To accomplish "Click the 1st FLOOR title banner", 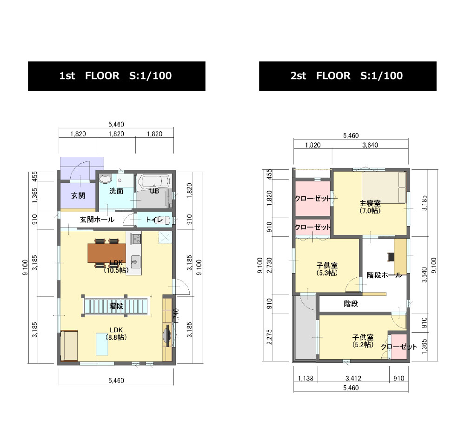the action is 117,76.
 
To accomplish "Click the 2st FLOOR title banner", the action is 347,76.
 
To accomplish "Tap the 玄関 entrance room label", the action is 78,196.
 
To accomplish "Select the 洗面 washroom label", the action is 116,191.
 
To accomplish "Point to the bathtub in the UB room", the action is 154,181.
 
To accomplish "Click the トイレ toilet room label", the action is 154,220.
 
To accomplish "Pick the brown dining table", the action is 107,253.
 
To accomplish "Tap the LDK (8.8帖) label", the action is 116,334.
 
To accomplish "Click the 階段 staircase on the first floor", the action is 116,306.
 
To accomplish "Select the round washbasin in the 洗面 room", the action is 105,179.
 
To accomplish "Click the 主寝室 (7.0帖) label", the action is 370,207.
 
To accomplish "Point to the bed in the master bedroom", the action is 384,187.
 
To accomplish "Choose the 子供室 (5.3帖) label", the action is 327,269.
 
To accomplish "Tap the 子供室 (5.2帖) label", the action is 363,341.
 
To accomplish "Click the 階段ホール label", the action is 385,275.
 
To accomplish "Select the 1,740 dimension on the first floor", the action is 176,316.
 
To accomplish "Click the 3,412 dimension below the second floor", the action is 353,379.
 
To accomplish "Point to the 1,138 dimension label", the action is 306,379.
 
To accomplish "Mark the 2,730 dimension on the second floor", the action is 269,265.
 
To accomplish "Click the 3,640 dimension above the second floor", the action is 370,145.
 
